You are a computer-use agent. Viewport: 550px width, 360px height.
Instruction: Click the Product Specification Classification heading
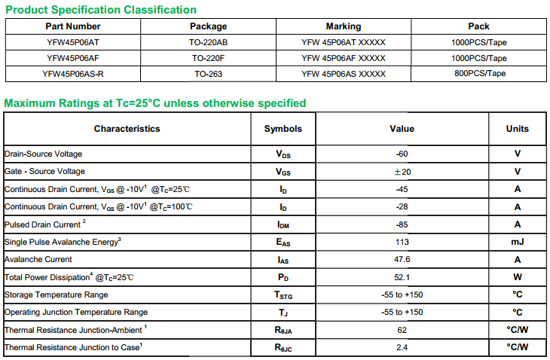(x=101, y=10)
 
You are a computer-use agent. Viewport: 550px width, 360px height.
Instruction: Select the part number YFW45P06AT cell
(x=72, y=42)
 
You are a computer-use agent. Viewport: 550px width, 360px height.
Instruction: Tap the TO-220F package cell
(x=208, y=58)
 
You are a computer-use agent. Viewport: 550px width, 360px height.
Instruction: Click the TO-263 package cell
(x=208, y=74)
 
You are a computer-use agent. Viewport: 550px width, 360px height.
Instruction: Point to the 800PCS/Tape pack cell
(x=478, y=74)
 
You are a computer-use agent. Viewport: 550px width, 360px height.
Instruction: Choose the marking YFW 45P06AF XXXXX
(x=343, y=58)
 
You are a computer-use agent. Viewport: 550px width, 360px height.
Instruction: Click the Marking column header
(x=343, y=26)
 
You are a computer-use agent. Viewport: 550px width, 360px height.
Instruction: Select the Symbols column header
(x=283, y=129)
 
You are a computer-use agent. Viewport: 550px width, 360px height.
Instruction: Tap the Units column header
(x=517, y=129)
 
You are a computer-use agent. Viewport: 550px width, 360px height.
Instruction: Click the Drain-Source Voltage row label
(x=43, y=154)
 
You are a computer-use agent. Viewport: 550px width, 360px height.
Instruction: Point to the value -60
(x=402, y=154)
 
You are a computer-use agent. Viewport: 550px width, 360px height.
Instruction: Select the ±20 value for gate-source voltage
(x=402, y=172)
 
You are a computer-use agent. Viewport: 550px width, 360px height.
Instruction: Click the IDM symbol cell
(x=283, y=224)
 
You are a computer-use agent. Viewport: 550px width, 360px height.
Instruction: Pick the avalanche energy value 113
(x=402, y=242)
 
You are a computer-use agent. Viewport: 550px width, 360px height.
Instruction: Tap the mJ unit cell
(x=517, y=242)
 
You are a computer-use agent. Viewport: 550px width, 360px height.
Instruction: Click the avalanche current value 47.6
(x=402, y=260)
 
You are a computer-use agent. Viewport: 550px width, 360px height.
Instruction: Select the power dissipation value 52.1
(x=402, y=277)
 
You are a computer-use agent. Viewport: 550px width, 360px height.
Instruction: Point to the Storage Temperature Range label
(x=57, y=294)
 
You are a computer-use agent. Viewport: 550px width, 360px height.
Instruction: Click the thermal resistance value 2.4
(x=402, y=347)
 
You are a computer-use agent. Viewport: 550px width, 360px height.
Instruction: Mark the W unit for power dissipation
(x=517, y=277)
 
